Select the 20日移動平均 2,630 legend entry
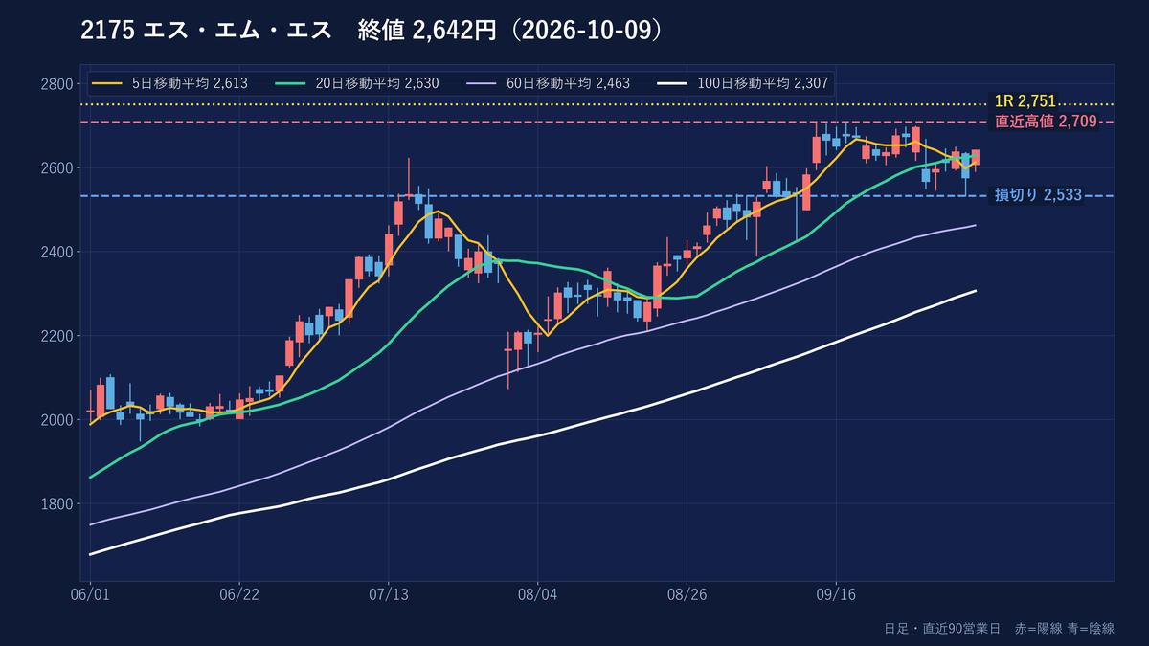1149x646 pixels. pos(358,83)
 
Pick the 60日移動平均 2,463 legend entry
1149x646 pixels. pos(549,83)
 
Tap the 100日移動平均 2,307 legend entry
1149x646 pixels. pos(743,83)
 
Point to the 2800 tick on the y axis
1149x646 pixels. pos(56,84)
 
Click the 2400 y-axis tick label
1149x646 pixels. pos(56,253)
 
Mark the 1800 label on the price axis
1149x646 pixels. pos(56,504)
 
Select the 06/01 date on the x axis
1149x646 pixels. pos(90,594)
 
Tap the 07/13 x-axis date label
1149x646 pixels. pos(389,594)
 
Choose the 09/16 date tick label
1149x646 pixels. pos(837,594)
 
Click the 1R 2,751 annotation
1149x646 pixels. pos(1025,101)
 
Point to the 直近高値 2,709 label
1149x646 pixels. pos(1046,122)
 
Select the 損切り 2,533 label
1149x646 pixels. pos(1038,195)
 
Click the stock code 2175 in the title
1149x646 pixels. pos(107,31)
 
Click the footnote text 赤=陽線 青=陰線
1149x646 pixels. pos(1065,629)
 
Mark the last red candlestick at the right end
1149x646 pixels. pos(976,157)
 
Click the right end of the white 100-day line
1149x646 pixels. pos(976,291)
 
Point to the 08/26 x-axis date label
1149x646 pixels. pos(687,594)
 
